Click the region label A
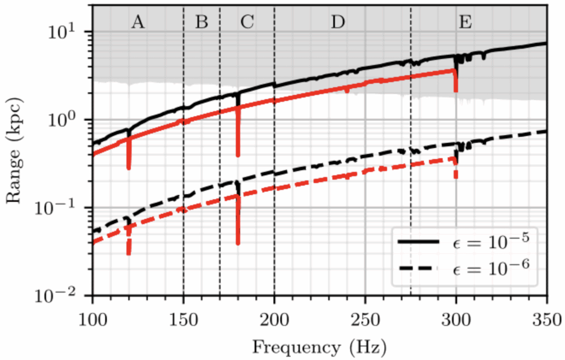pos(138,22)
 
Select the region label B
pos(202,22)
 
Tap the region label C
pos(247,22)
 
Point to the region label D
pos(338,22)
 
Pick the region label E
pos(465,22)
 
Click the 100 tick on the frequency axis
pos(92,319)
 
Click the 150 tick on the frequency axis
pos(183,319)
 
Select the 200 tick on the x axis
pos(274,319)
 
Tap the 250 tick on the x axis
pos(365,319)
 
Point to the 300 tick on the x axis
pos(456,319)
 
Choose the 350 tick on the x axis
pos(547,319)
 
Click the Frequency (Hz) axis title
pos(319,347)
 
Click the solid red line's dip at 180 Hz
pos(238,153)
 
